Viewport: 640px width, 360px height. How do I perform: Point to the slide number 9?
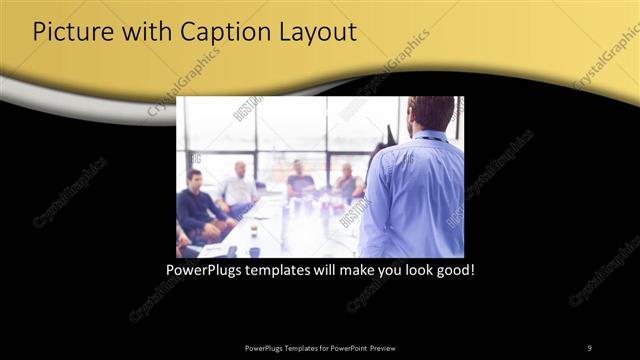point(589,347)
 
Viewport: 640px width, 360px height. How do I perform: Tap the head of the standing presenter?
point(432,112)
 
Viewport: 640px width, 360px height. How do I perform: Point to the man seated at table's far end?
point(298,178)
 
